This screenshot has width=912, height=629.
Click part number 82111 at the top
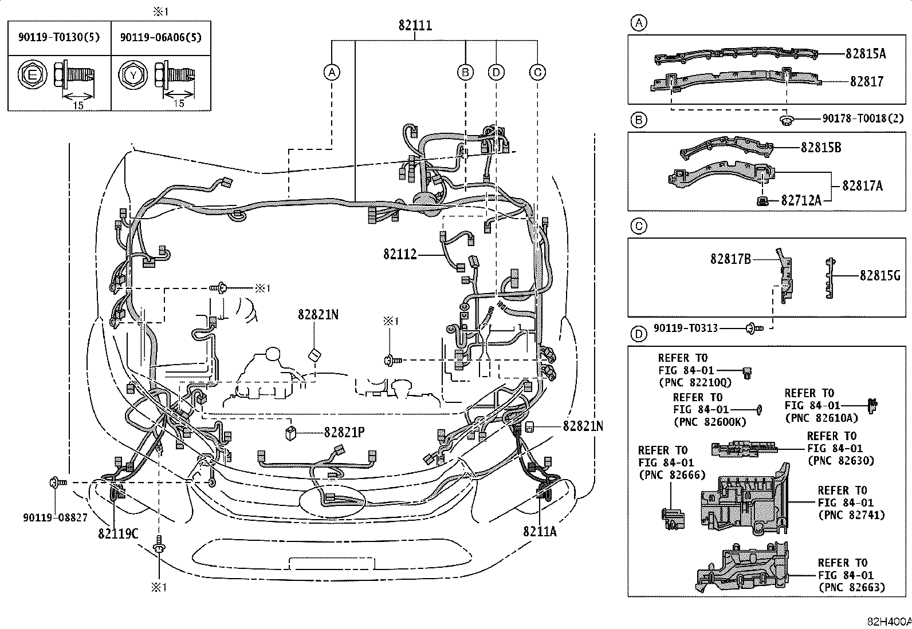coord(415,25)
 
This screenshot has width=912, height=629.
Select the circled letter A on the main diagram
coord(331,72)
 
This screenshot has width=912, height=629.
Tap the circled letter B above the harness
coord(465,72)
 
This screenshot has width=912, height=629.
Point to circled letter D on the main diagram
coord(496,72)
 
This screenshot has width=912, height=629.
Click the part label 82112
coord(400,254)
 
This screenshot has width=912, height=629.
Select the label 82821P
coord(344,433)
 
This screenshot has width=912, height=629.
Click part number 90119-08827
coord(55,518)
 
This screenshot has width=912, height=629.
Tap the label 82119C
coord(118,533)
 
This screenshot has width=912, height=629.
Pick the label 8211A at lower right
coord(539,532)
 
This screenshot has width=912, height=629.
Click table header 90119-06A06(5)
coord(160,38)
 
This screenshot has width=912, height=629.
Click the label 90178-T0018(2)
coord(863,118)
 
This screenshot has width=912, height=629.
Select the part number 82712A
coord(801,200)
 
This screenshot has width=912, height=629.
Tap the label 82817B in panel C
coord(730,259)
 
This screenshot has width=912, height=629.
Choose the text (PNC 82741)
coord(852,515)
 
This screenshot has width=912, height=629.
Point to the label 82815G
coord(880,276)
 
